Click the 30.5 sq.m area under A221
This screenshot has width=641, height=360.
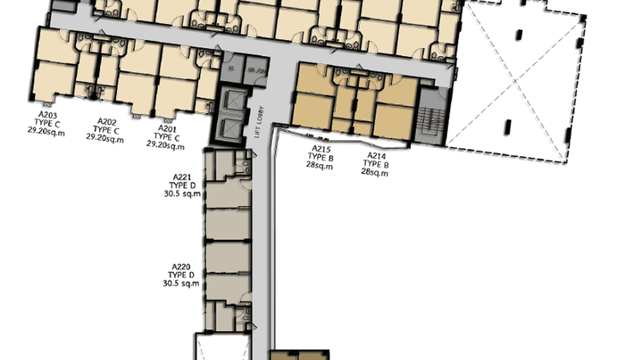coord(182,194)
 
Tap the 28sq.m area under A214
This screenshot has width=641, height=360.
coord(375,173)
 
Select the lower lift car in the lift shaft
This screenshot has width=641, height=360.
coord(232,127)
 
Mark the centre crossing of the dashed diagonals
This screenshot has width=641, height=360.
coord(515,82)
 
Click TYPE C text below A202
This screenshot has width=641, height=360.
coord(106,130)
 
